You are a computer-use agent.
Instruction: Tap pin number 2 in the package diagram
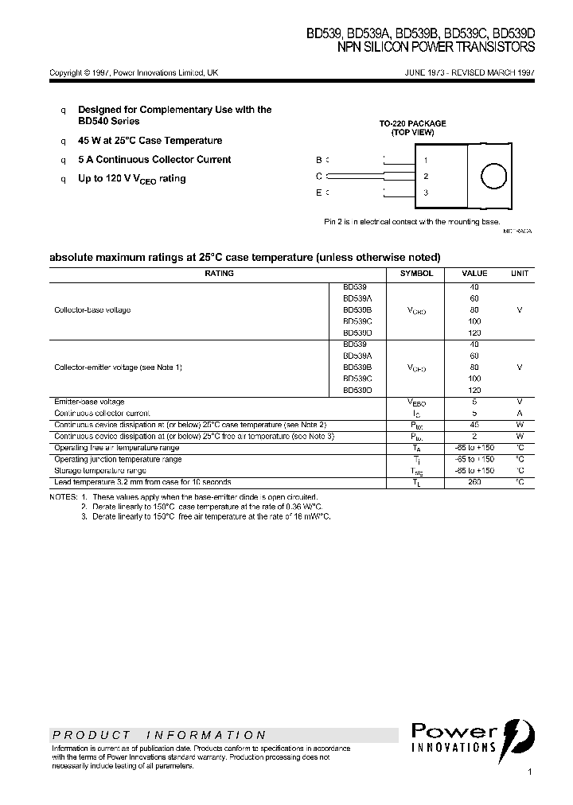[x=426, y=177]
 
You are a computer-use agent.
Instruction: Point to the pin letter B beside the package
[x=318, y=160]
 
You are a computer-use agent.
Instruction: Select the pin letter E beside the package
[x=318, y=192]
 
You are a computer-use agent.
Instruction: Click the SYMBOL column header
[x=416, y=273]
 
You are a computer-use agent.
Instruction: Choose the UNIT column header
[x=519, y=273]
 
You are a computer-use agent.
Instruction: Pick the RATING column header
[x=219, y=273]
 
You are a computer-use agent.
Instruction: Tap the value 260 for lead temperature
[x=475, y=482]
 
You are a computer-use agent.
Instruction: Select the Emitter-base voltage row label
[x=89, y=402]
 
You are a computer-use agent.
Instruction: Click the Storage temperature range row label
[x=99, y=471]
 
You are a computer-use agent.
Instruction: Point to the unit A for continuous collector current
[x=519, y=414]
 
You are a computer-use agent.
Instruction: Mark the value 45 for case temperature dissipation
[x=475, y=425]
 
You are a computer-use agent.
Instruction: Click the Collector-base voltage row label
[x=92, y=309]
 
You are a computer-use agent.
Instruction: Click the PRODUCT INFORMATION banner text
[x=159, y=735]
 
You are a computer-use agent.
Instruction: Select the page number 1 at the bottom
[x=529, y=772]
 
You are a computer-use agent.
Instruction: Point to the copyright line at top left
[x=134, y=72]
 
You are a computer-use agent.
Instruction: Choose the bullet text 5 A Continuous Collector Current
[x=154, y=159]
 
